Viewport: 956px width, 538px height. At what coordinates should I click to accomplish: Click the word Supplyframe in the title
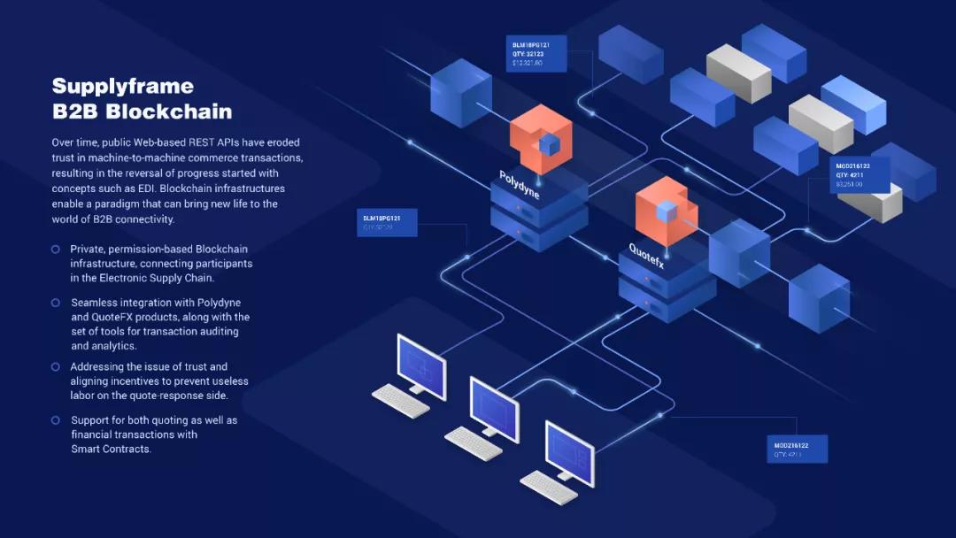click(122, 86)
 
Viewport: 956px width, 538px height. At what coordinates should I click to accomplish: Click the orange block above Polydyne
click(541, 140)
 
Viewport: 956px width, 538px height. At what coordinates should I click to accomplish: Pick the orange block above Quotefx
click(667, 211)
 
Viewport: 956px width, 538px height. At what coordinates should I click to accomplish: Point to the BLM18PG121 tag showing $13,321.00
click(539, 53)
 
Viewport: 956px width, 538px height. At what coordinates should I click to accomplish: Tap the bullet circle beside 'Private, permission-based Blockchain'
click(56, 250)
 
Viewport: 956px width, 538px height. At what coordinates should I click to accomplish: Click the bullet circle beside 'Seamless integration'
click(56, 303)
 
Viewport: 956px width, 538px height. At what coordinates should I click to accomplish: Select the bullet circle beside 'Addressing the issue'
click(56, 366)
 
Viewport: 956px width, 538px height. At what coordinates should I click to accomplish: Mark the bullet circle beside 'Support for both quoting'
click(56, 420)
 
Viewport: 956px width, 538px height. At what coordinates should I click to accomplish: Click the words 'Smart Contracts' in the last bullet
click(112, 449)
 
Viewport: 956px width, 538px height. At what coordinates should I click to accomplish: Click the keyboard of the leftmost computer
click(400, 400)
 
